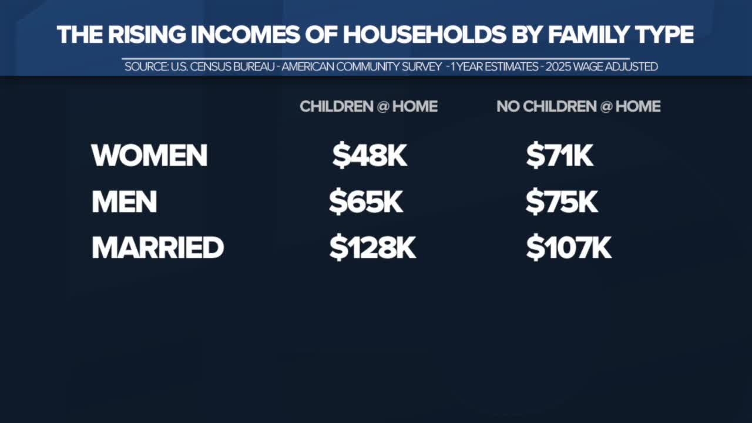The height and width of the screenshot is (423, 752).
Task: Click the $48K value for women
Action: coord(370,156)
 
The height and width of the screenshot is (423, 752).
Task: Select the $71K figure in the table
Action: coord(560,156)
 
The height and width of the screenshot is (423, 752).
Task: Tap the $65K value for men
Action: coord(366,202)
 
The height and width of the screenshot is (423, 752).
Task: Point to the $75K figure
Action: coord(562,202)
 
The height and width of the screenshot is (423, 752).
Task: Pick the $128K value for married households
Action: coord(372,248)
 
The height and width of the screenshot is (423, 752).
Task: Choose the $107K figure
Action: coord(569,248)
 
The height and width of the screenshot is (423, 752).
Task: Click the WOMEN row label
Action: coord(149,155)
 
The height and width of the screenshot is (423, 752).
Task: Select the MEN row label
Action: coord(124,202)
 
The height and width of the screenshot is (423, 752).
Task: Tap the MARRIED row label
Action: coord(158,247)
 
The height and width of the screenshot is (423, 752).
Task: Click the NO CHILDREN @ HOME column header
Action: coord(579,106)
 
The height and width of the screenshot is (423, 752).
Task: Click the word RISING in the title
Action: coord(147,35)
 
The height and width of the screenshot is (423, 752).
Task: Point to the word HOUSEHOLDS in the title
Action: coord(424,35)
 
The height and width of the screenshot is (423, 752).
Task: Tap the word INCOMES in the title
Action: coord(246,35)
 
